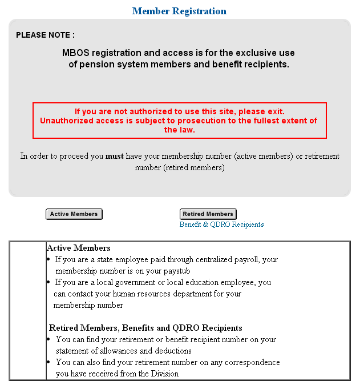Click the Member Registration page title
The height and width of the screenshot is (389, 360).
[179, 11]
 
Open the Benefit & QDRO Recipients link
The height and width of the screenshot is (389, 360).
[221, 224]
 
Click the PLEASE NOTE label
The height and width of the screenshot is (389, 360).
[45, 35]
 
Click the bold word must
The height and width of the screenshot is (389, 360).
[115, 156]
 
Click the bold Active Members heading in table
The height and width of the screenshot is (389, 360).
[79, 248]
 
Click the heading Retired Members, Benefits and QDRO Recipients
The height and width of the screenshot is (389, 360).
[145, 328]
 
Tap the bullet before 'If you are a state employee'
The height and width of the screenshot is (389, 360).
[49, 259]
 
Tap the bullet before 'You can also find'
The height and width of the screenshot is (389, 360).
[49, 362]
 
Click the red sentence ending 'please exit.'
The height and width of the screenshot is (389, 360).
[179, 111]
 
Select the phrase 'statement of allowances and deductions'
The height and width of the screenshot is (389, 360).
[123, 351]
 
